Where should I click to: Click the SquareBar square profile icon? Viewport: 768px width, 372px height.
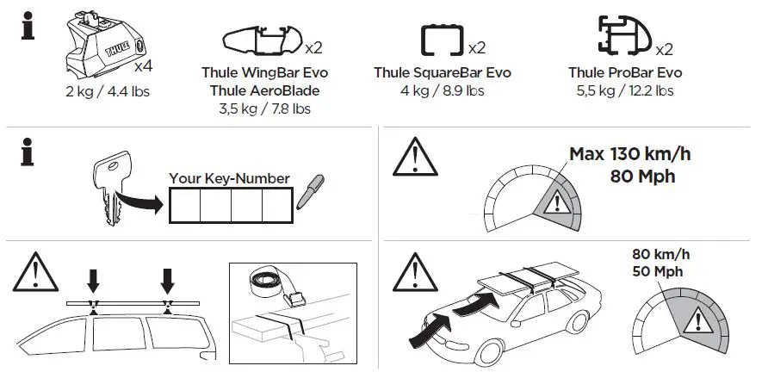[x=443, y=41]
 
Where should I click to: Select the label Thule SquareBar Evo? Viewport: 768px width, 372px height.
[x=443, y=73]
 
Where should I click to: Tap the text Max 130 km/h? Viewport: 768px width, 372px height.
[x=630, y=156]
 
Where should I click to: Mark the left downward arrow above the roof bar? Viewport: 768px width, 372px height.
[x=93, y=280]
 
